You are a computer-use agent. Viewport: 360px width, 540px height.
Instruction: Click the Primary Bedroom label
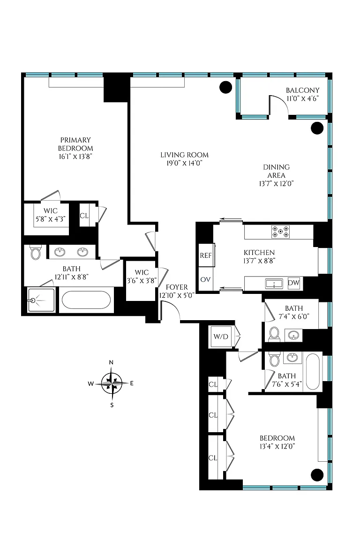(75, 144)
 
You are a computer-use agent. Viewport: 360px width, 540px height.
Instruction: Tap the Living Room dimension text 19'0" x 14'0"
(184, 163)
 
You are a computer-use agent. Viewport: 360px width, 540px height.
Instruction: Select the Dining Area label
(276, 171)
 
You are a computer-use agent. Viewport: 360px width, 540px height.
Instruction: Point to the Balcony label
(302, 90)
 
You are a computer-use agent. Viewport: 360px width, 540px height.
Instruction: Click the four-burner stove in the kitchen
(280, 232)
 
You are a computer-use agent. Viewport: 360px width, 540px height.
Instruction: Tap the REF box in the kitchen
(206, 255)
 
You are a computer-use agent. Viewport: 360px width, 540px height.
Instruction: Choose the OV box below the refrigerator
(205, 279)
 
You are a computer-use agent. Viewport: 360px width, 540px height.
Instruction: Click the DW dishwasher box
(293, 283)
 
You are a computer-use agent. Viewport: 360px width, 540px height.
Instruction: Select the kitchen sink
(274, 284)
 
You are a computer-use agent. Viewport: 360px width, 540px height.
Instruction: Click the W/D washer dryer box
(221, 337)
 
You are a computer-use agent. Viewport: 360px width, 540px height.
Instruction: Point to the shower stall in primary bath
(41, 300)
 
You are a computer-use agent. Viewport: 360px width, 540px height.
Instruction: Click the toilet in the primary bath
(36, 252)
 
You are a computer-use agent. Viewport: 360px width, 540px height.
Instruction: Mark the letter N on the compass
(111, 362)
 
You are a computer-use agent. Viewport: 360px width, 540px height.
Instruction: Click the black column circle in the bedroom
(317, 475)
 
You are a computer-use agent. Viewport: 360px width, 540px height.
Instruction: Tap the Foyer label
(177, 287)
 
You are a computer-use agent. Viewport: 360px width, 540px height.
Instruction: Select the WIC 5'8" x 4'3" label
(51, 215)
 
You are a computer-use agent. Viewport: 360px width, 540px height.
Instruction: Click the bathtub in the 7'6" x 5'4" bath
(313, 371)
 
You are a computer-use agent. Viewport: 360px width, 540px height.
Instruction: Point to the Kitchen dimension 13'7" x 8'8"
(259, 261)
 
